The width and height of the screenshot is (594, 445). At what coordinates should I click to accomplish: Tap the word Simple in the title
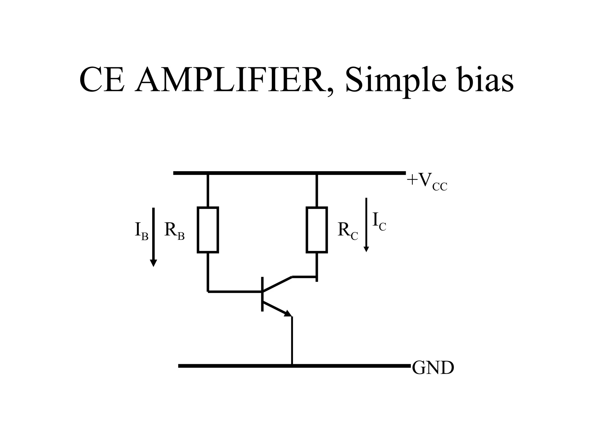395,79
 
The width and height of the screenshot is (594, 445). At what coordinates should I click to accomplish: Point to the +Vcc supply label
427,182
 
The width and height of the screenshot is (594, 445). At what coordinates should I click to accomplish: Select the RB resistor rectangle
208,230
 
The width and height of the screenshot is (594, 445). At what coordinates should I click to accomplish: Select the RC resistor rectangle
317,230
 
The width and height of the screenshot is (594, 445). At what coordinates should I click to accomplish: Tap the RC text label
347,231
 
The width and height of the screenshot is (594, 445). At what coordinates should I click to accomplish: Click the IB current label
141,231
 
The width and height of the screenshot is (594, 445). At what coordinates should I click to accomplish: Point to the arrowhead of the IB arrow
153,263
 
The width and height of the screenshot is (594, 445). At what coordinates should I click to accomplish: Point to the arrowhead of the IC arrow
366,249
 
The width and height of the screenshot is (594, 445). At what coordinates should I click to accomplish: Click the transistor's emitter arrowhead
288,313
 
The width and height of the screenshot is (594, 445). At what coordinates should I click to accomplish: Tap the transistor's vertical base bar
262,294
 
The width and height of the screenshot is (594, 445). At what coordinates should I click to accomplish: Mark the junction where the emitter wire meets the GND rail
292,366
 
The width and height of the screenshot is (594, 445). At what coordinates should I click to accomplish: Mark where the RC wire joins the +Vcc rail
317,173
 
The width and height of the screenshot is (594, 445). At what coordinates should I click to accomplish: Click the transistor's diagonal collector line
277,284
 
